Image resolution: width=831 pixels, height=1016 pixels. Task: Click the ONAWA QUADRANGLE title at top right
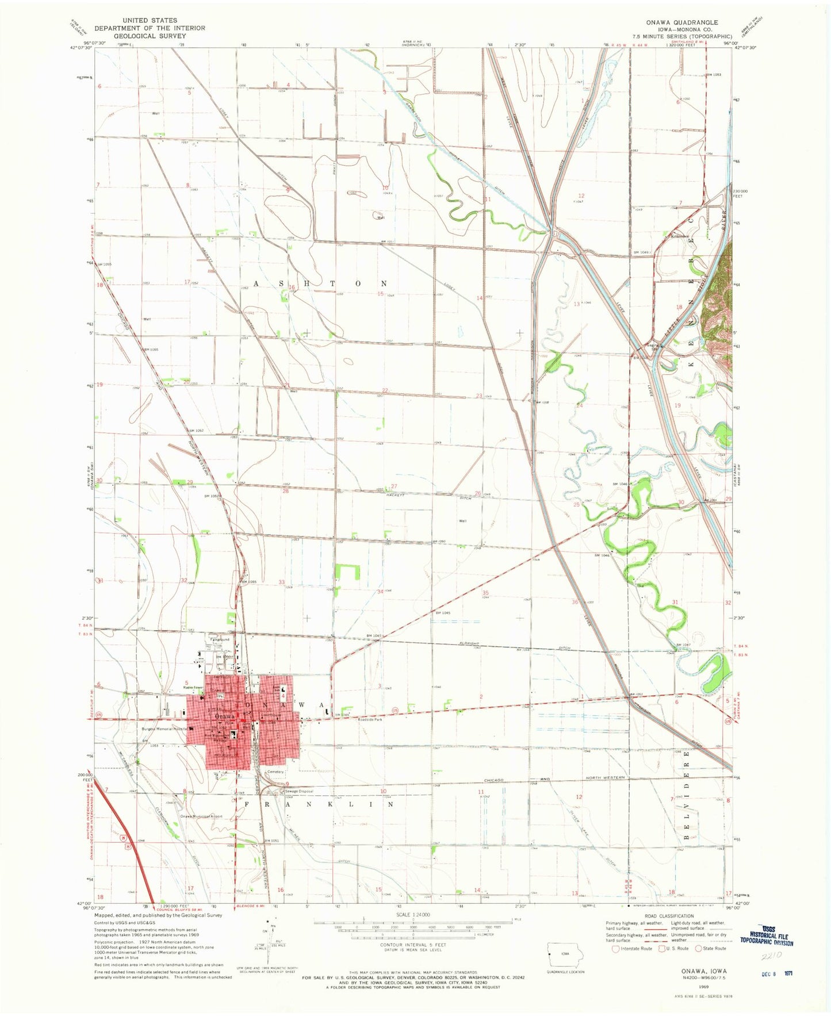coord(681,22)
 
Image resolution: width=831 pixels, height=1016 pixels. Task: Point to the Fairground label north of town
coord(220,639)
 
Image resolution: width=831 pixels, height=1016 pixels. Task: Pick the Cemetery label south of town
coord(275,772)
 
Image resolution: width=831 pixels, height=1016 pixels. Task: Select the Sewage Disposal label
coord(298,791)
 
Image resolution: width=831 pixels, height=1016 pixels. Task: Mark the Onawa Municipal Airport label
coord(201,816)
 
